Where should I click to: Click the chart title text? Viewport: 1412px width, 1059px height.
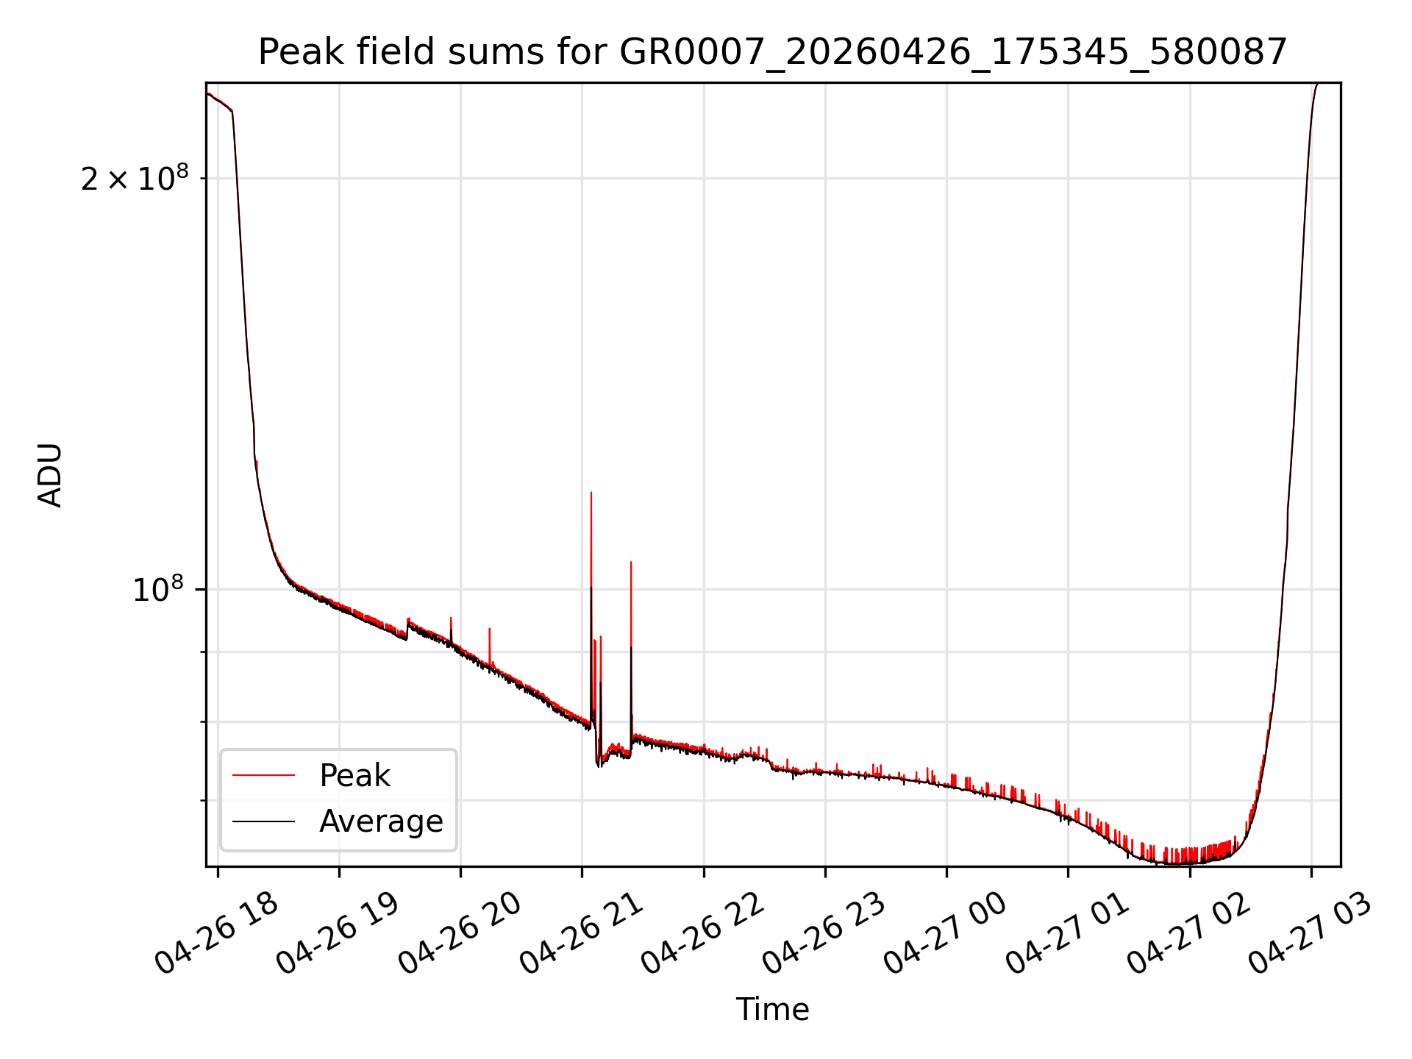(772, 52)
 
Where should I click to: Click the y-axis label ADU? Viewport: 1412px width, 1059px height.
(50, 475)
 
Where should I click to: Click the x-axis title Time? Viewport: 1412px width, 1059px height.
(772, 1010)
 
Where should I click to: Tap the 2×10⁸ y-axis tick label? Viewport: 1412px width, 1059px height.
(135, 178)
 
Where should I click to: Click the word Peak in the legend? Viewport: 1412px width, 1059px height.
(354, 776)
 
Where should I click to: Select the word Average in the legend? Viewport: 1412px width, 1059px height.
(381, 821)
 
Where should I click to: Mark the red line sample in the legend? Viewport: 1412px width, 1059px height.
(263, 775)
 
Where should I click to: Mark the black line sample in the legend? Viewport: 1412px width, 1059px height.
(263, 821)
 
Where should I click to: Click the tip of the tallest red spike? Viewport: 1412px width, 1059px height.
(591, 492)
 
